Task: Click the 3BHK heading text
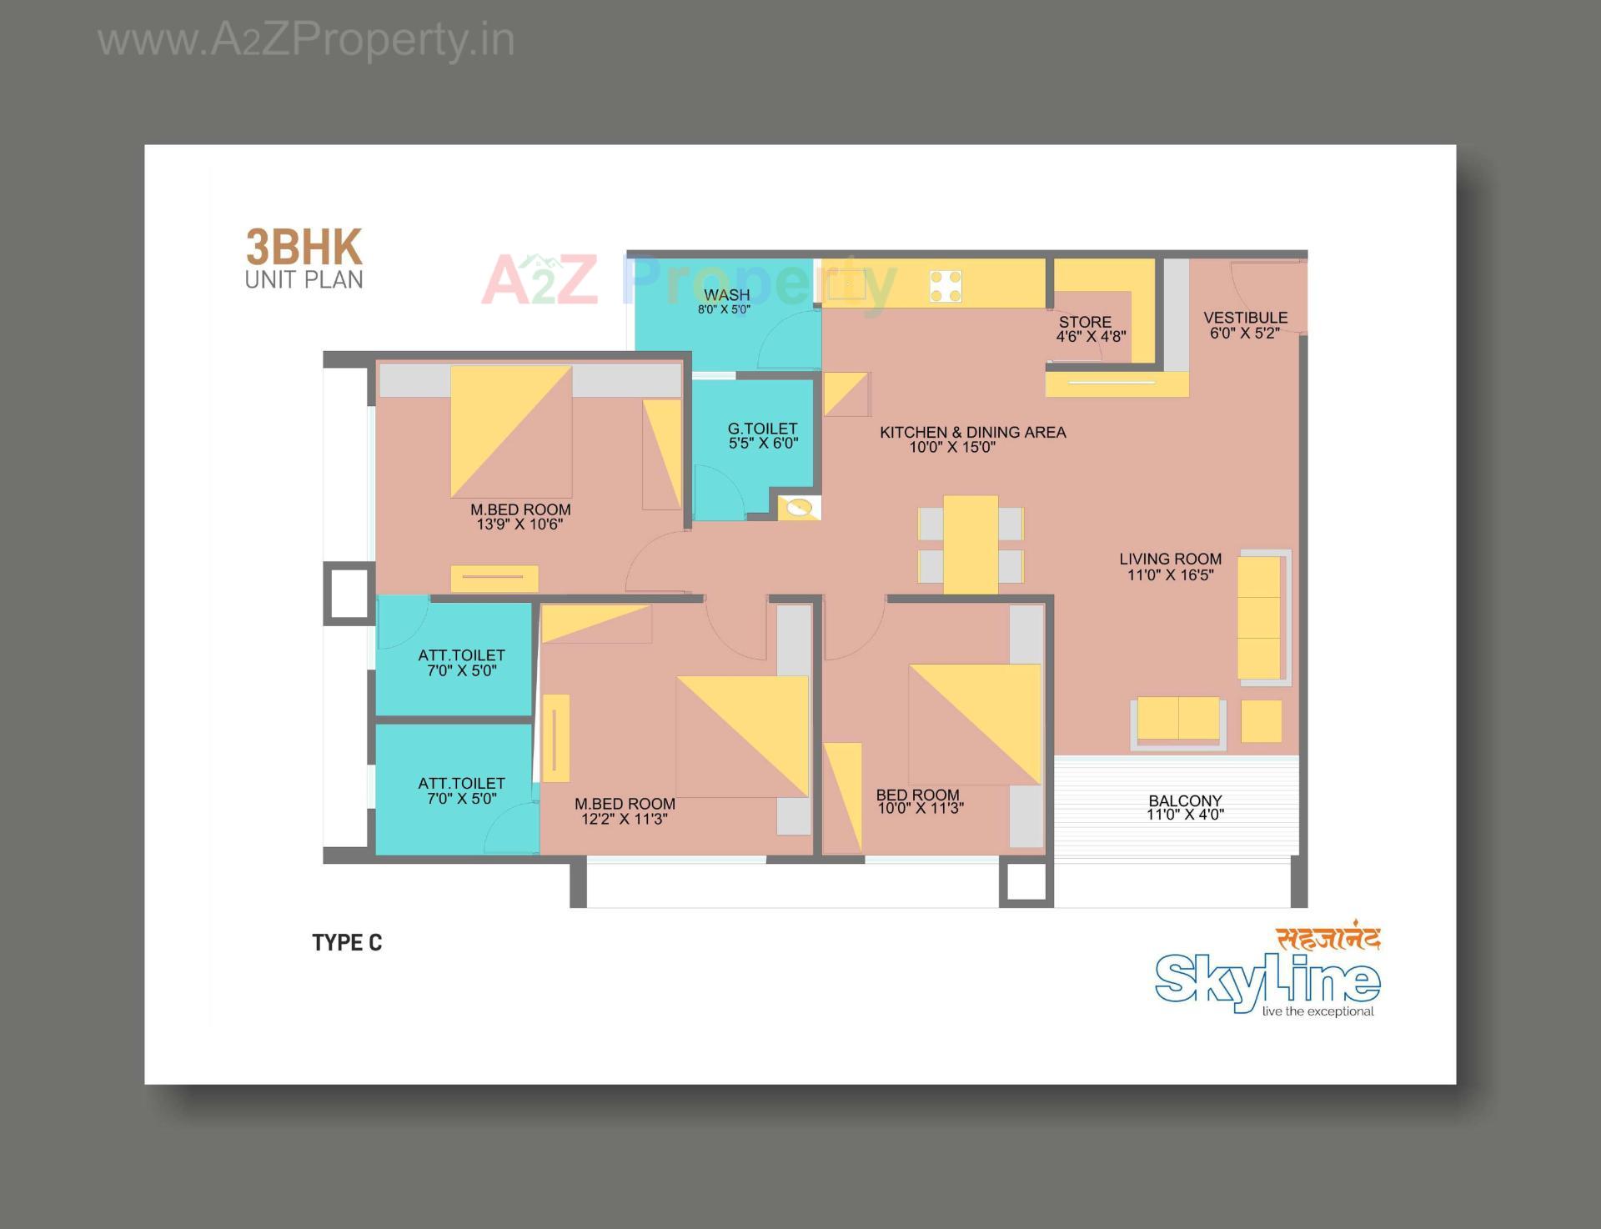(304, 248)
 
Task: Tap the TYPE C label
(347, 942)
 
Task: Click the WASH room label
(726, 295)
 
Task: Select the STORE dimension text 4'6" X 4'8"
(1091, 337)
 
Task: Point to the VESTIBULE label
(1245, 318)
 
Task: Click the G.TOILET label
(762, 429)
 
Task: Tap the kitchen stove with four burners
(946, 286)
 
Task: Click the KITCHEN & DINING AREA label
(972, 432)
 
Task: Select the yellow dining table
(971, 544)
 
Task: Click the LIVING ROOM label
(1170, 559)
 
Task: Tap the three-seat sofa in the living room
(1259, 618)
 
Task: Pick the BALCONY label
(1184, 800)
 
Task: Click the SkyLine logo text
(1267, 981)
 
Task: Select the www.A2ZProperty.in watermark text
(306, 40)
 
